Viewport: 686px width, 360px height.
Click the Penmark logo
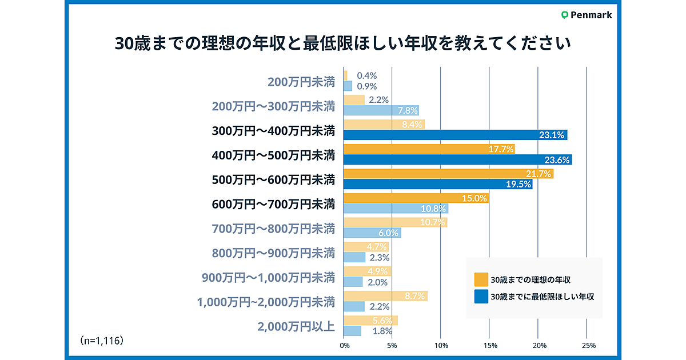click(587, 15)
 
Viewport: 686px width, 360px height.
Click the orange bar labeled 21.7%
click(448, 173)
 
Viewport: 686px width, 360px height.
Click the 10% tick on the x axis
click(441, 345)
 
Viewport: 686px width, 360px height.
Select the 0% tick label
click(344, 345)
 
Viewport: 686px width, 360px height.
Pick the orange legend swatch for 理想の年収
click(481, 279)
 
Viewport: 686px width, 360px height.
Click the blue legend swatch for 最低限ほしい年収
click(481, 297)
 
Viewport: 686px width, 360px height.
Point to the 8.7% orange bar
click(385, 296)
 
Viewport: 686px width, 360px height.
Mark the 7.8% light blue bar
click(381, 110)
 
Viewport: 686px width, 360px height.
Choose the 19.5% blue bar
click(438, 184)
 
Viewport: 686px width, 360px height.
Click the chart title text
click(343, 44)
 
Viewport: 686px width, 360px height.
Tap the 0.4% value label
click(366, 75)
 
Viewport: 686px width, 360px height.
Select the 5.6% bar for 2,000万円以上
click(370, 321)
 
